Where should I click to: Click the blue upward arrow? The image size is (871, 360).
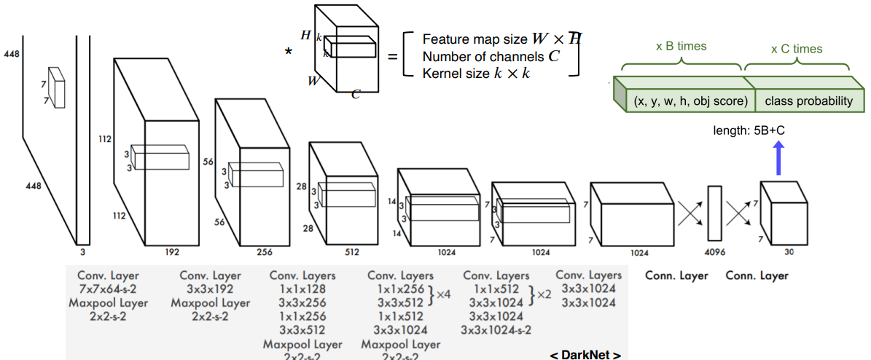coord(778,157)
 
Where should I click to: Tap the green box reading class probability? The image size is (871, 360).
coord(808,101)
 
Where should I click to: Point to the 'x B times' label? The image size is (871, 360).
coord(681,46)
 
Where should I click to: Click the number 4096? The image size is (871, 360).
coord(714,256)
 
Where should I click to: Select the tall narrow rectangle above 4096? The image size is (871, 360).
coord(714,213)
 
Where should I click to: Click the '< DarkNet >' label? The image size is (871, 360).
coord(585,355)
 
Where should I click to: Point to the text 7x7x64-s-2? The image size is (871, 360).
coord(108,289)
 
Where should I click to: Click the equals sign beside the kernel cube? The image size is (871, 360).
coord(392,55)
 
